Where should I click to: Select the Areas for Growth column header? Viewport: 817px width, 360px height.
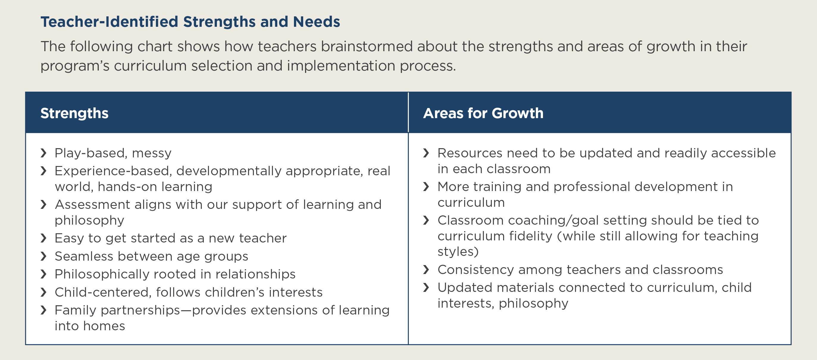tap(483, 113)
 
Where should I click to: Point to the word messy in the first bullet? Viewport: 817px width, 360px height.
tap(152, 154)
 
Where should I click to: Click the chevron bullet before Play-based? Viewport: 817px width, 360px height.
tap(43, 153)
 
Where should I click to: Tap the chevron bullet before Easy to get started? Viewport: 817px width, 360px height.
tap(43, 238)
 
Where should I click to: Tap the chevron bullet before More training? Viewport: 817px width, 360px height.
tap(426, 187)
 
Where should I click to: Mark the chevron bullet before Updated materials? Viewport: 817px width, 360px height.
tap(426, 288)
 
